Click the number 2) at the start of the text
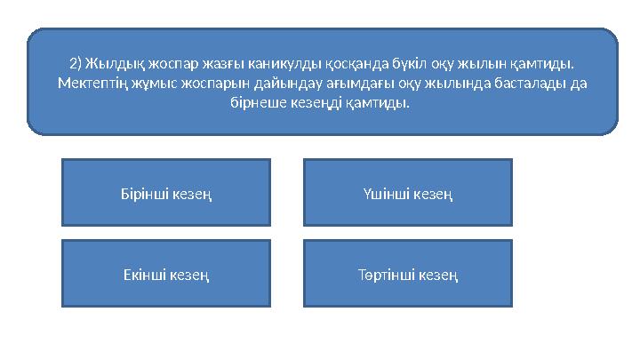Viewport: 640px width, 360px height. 75,64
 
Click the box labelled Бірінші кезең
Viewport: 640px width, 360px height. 166,193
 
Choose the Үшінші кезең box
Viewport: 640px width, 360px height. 408,193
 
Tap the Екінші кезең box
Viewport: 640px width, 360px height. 166,274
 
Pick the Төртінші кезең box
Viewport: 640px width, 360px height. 408,274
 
